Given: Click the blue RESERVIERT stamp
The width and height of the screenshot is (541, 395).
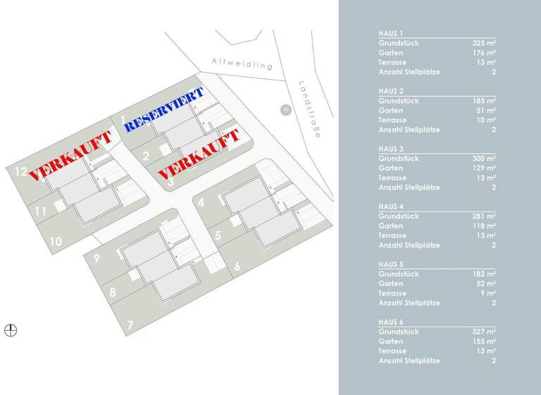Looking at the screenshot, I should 164,109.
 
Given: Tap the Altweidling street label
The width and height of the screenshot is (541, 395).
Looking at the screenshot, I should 242,64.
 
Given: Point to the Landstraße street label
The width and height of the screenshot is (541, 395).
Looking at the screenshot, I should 309,109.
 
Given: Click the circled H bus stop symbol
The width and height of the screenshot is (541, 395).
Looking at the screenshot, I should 285,109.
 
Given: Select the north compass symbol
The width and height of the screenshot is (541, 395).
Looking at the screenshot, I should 11,329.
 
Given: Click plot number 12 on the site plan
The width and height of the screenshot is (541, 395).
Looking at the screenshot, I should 20,171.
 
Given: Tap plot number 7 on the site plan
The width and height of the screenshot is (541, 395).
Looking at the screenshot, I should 130,325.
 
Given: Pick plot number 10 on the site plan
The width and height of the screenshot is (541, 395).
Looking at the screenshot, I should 56,241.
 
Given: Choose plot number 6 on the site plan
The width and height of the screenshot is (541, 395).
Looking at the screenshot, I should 237,266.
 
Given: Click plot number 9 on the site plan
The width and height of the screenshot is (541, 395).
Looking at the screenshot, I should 97,258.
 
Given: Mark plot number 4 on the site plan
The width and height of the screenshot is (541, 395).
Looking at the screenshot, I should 201,203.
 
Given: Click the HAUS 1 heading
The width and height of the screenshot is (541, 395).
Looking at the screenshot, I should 391,33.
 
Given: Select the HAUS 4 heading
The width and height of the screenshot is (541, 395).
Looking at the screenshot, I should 391,206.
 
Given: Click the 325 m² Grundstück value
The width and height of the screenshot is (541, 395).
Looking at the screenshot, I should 484,43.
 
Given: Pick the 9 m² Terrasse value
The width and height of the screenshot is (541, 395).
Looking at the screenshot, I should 489,293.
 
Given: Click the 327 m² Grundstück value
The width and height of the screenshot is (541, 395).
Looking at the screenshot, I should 484,331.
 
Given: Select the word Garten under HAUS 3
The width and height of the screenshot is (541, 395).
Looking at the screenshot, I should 391,168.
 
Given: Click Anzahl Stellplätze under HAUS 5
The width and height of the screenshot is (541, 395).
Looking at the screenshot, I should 409,303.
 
